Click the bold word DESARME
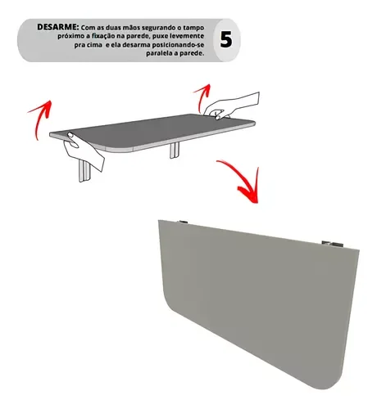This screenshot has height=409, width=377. pyautogui.click(x=57, y=27)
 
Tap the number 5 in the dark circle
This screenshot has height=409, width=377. pyautogui.click(x=225, y=38)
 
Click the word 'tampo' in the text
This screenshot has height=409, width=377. pyautogui.click(x=192, y=27)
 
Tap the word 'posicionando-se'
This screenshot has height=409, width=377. pyautogui.click(x=172, y=47)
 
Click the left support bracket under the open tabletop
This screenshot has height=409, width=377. pyautogui.click(x=84, y=169)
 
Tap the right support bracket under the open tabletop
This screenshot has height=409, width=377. pyautogui.click(x=175, y=151)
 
